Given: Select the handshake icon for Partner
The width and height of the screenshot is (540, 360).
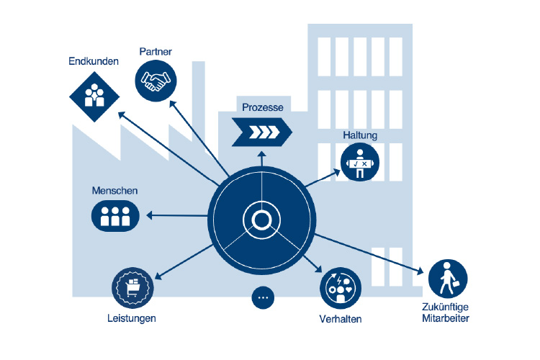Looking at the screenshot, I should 155,79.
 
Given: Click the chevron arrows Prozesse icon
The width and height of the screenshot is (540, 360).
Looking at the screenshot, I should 261,131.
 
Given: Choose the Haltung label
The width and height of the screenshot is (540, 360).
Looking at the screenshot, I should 360,135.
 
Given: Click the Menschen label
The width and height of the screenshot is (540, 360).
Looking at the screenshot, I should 114,191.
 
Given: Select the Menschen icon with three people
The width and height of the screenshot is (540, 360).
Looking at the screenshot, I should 114,215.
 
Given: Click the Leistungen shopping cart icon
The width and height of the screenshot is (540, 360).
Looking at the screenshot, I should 132,288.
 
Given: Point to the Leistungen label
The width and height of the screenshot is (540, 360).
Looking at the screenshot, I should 132,318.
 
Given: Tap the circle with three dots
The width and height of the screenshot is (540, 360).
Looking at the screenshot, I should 264,297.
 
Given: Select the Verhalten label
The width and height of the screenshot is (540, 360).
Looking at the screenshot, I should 340,319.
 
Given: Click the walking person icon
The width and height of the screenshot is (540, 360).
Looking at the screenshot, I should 448,279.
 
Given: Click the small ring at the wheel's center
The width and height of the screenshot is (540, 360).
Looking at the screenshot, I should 261,218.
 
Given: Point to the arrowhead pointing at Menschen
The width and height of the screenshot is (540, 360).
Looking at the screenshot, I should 150,215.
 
